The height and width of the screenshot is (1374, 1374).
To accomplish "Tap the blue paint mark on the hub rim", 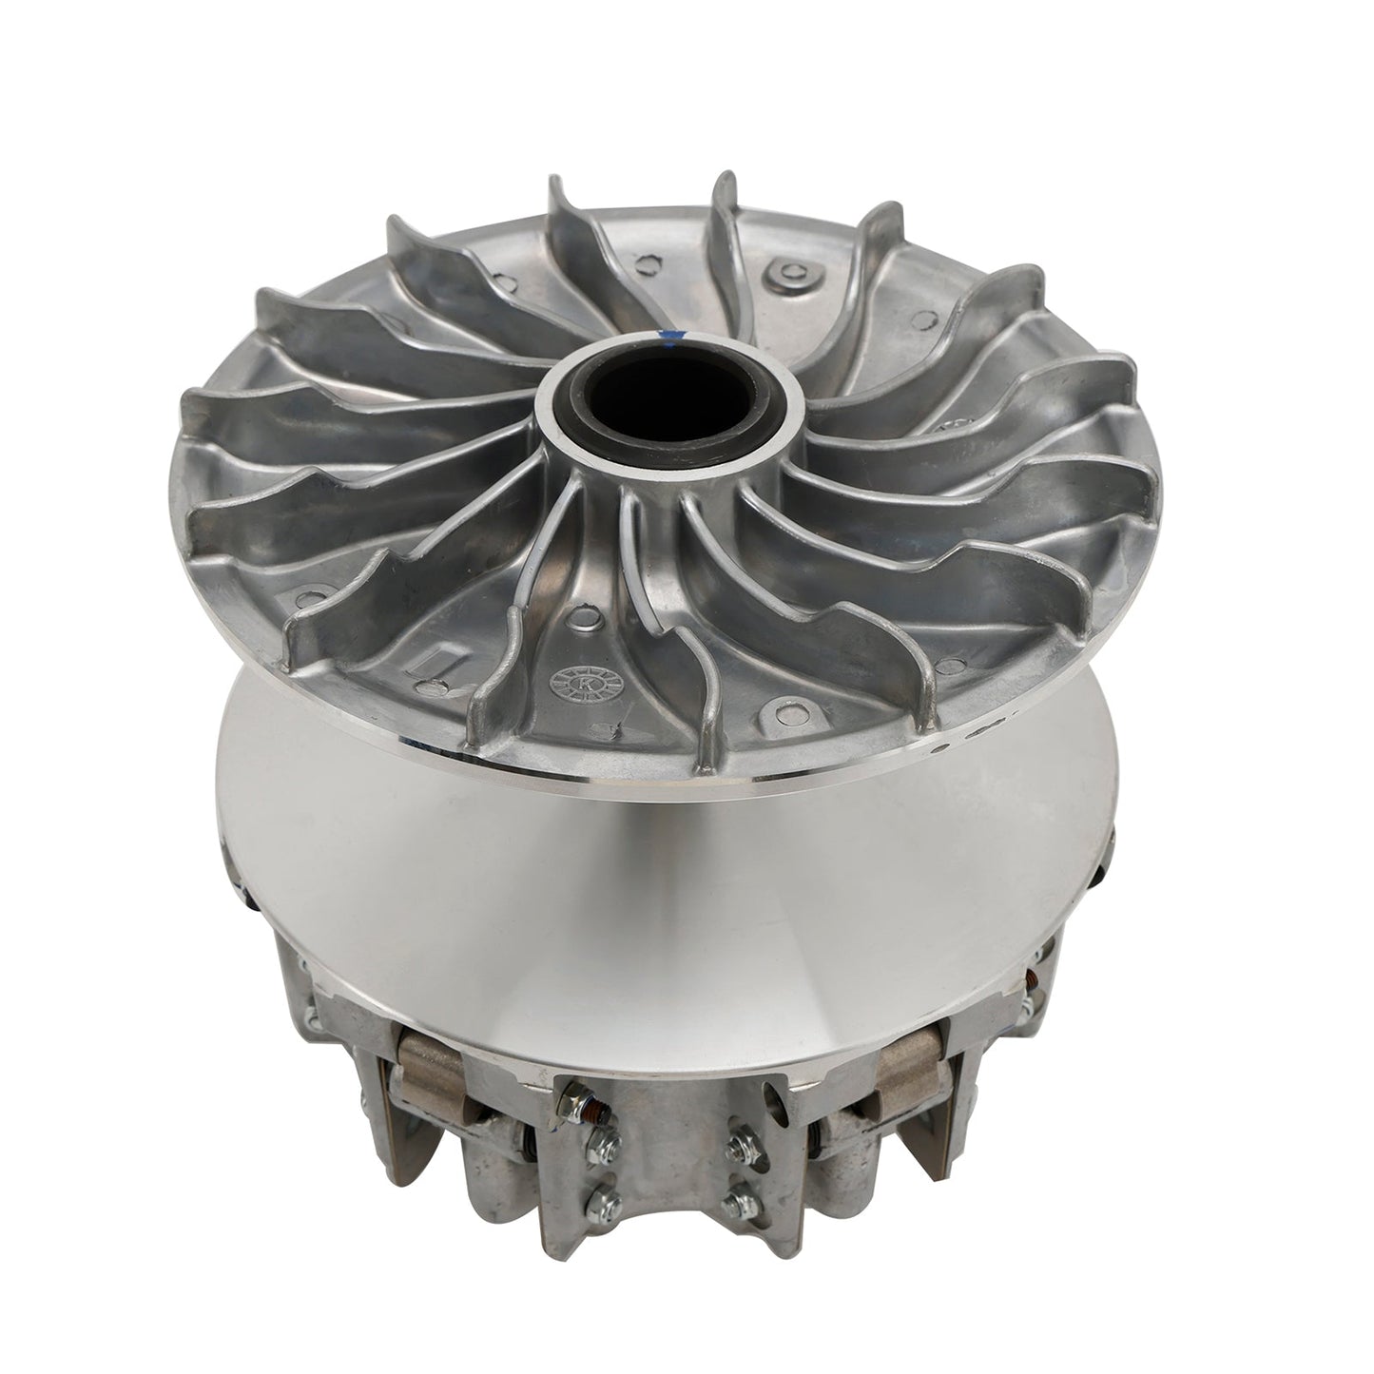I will [673, 334].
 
